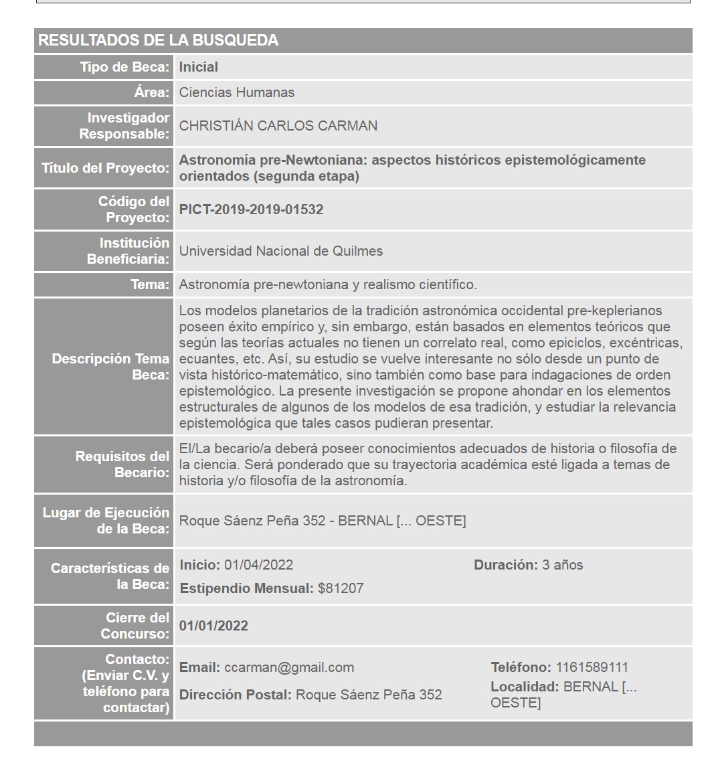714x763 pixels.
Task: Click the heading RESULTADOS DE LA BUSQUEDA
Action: pos(158,40)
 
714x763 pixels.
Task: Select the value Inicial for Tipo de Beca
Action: pos(199,67)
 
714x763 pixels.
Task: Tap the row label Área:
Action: pos(151,92)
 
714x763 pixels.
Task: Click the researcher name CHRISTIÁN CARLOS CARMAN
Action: pos(278,126)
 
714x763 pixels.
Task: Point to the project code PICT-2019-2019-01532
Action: pos(251,209)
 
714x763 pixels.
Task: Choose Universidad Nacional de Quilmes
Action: pos(281,251)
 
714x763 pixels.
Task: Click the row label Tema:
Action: pos(150,284)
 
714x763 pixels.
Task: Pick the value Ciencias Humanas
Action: pos(236,92)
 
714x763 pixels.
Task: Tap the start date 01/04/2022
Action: pos(258,565)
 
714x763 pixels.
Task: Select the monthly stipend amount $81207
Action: pos(341,588)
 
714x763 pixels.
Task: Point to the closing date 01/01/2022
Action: pos(213,626)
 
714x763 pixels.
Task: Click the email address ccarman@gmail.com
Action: pos(289,667)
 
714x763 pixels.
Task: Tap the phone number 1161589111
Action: pos(592,667)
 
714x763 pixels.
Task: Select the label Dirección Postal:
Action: pos(236,695)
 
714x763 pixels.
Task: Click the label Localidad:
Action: pos(525,687)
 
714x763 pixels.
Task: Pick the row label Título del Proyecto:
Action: pos(106,168)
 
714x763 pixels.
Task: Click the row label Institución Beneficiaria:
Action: pos(128,251)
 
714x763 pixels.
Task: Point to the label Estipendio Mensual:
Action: pos(246,588)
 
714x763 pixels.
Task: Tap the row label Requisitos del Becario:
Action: pos(122,464)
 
